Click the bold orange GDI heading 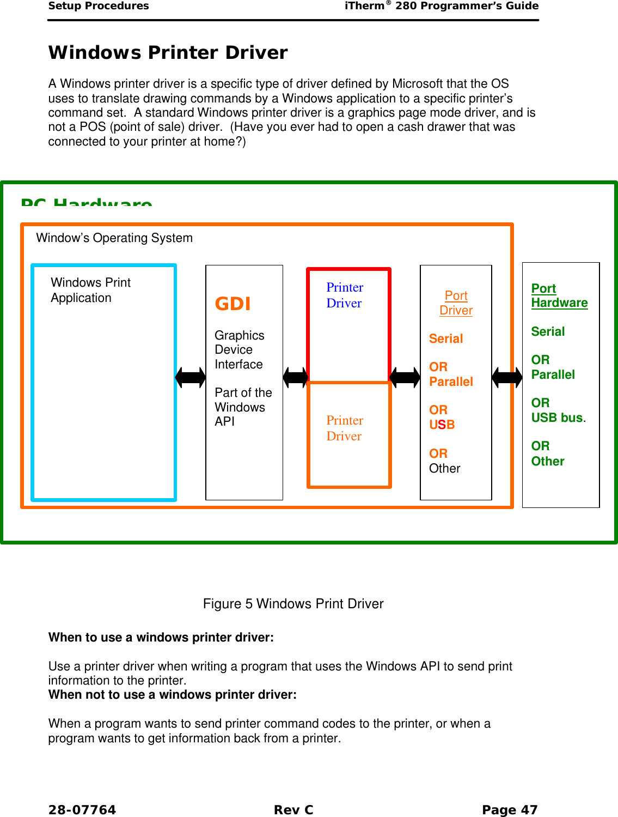point(232,304)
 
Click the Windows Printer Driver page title point(168,53)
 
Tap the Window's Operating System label point(114,238)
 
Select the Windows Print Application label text point(90,290)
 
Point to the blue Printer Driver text point(345,295)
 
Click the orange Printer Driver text point(345,428)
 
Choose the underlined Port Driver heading point(456,302)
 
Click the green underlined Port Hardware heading point(559,295)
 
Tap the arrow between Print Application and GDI point(191,377)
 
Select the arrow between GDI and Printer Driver point(296,377)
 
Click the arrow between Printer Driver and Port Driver point(405,377)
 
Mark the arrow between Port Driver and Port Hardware point(507,377)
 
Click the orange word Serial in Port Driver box point(446,338)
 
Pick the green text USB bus point(558,417)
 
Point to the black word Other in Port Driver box point(444,468)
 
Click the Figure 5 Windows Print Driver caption point(293,603)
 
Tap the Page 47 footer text point(510,810)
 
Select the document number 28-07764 point(82,810)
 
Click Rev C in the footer point(293,810)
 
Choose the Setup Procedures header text point(99,6)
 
